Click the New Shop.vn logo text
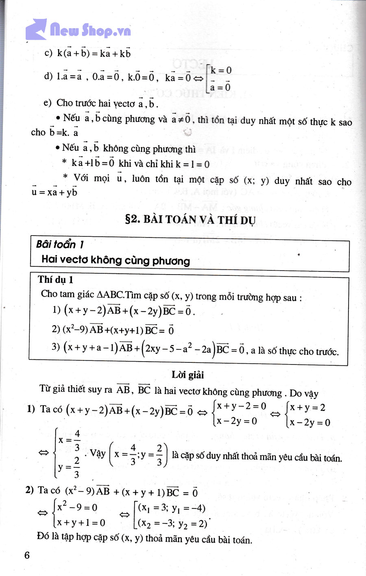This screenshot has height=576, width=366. point(90,30)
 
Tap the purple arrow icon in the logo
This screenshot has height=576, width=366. point(36,29)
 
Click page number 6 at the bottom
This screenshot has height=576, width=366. point(27,555)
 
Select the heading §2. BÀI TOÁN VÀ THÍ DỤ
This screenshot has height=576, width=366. point(190,220)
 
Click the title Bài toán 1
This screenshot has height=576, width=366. point(60,244)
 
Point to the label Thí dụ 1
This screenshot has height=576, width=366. point(56,279)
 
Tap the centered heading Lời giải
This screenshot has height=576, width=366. point(187,375)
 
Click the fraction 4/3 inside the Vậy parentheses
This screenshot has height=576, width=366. point(133,454)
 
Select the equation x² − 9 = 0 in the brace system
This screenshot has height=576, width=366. point(77,507)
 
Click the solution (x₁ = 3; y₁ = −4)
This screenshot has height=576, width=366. point(172,508)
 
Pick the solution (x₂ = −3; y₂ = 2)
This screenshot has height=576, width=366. point(172,523)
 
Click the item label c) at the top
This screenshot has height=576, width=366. point(48,53)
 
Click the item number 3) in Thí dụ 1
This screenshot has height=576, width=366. point(56,347)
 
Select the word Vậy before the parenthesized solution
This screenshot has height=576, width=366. point(98,453)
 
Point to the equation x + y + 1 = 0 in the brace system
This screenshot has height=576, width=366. point(81,523)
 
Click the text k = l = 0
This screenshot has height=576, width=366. point(192,164)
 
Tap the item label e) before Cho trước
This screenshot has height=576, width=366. point(48,103)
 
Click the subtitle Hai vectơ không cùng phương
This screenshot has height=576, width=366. point(115,260)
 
